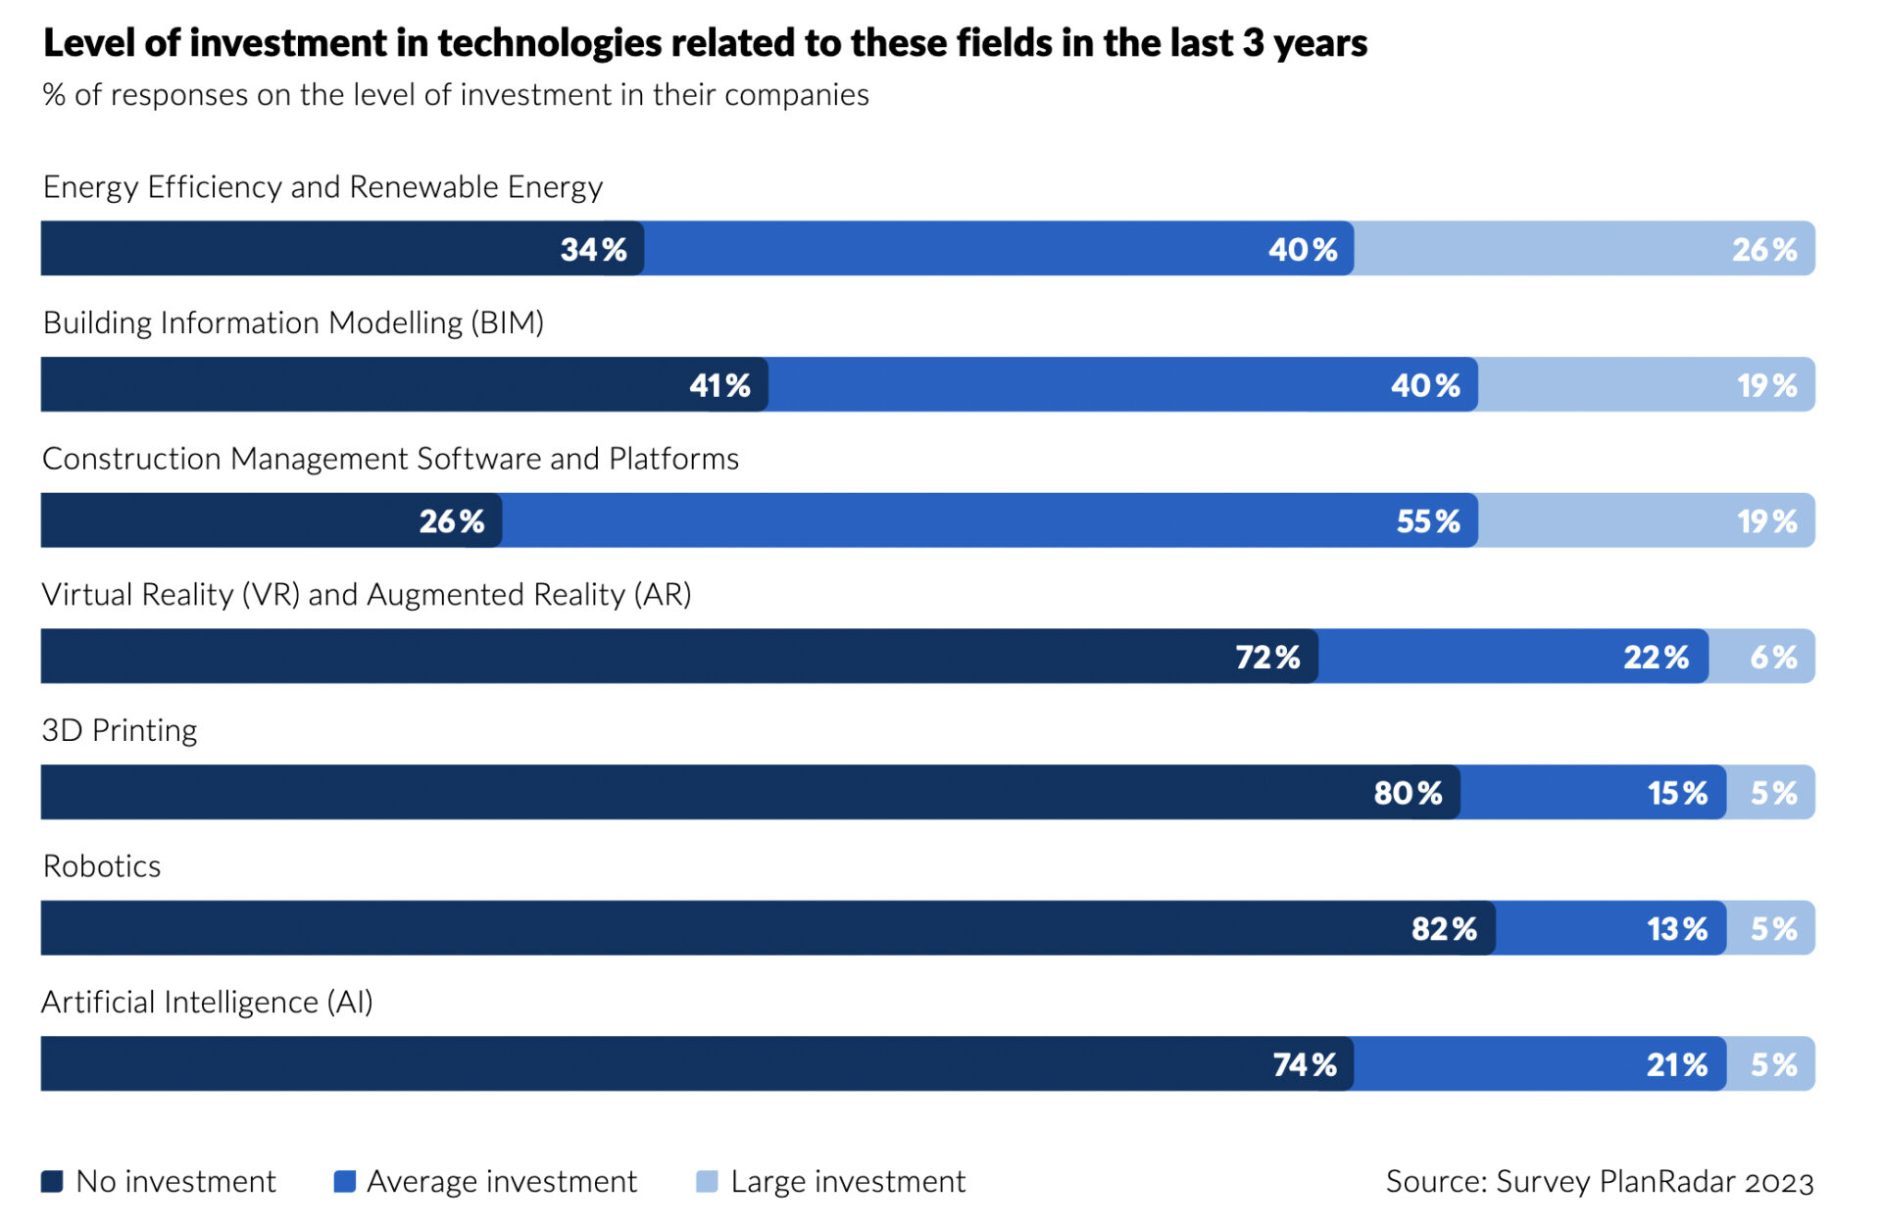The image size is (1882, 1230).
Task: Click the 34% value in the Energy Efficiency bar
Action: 593,250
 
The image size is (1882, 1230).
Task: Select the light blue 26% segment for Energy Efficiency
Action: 1583,249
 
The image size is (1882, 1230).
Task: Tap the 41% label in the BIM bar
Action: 719,385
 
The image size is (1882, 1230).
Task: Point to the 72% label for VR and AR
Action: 1267,657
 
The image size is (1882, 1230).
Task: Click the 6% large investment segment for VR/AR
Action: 1761,657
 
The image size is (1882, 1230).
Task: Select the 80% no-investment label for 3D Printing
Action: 1408,793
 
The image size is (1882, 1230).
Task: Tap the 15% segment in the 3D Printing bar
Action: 1593,793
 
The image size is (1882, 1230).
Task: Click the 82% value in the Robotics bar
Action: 1444,929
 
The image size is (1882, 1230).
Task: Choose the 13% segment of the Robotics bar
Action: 1610,929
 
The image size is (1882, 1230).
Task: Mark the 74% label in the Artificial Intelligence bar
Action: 1305,1064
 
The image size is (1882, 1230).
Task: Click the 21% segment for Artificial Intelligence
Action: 1539,1064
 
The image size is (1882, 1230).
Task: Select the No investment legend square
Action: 52,1181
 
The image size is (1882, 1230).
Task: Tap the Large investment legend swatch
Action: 707,1181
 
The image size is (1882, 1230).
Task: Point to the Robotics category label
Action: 102,866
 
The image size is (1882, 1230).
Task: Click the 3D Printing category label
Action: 120,730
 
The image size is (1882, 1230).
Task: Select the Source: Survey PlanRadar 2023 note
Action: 1599,1181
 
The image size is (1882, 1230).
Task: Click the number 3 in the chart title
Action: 1252,43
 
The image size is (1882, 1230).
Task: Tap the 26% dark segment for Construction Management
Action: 272,520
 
